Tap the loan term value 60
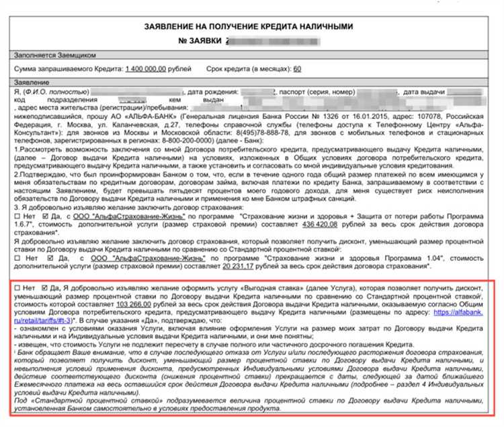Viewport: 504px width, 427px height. click(297, 69)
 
